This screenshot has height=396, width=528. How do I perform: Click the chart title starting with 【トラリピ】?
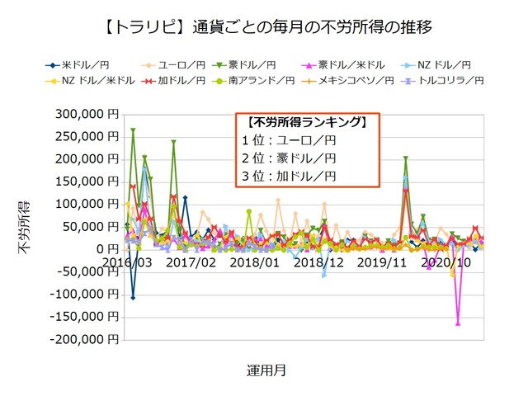(x=264, y=28)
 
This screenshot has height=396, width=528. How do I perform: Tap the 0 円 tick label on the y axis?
(x=106, y=249)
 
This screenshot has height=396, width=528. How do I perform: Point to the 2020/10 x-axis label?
(x=450, y=262)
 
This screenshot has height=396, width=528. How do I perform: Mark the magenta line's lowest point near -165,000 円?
(x=458, y=323)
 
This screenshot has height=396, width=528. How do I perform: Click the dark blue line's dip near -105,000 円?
(x=133, y=297)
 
